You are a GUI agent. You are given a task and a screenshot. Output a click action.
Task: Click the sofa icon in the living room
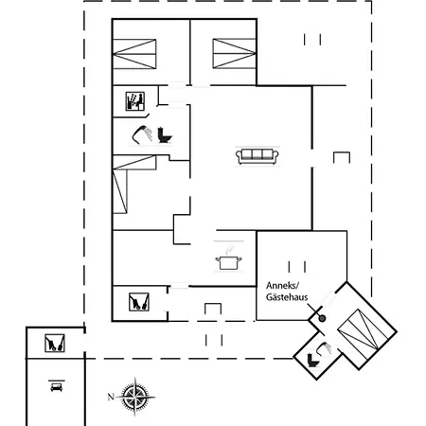[x=257, y=156]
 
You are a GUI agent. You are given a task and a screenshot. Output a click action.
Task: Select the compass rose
[x=135, y=397]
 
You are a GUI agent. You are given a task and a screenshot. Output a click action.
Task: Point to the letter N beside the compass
[x=111, y=397]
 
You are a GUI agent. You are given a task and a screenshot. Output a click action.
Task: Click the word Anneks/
[x=282, y=286]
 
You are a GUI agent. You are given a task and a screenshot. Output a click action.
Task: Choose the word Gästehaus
[x=287, y=297]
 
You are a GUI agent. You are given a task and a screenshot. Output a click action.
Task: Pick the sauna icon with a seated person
[x=135, y=101]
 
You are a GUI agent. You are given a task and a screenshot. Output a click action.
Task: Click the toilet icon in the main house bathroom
[x=165, y=135]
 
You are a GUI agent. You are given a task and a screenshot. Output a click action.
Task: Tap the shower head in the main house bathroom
[x=142, y=134]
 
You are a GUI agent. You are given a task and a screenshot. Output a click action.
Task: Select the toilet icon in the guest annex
[x=312, y=361]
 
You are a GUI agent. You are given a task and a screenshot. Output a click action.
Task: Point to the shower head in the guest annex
[x=325, y=349]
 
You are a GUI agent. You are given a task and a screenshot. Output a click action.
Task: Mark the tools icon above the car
[x=55, y=343]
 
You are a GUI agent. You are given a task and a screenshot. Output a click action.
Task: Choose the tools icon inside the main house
[x=139, y=302]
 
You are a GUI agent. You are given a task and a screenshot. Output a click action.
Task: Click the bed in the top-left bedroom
[x=134, y=54]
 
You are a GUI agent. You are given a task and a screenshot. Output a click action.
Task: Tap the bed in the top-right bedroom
[x=234, y=53]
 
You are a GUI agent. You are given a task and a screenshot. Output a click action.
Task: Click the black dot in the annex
[x=322, y=319]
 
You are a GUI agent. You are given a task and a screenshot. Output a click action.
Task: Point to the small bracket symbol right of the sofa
[x=342, y=157]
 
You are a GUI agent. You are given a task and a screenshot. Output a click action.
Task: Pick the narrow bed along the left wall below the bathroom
[x=120, y=191]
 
